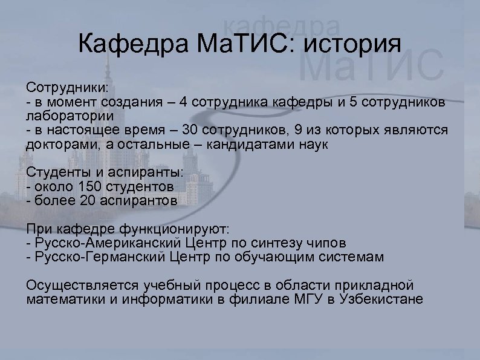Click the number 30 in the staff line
[192, 131]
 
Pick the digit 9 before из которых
[284, 131]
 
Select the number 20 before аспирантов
[88, 202]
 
